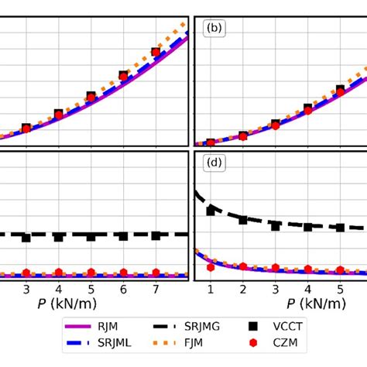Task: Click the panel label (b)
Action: pyautogui.click(x=214, y=29)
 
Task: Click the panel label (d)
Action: pyautogui.click(x=214, y=163)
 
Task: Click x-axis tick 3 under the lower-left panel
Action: pyautogui.click(x=26, y=289)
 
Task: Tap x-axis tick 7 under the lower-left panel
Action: pyautogui.click(x=156, y=289)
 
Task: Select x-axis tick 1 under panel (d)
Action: pyautogui.click(x=211, y=289)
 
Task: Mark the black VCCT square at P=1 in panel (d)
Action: pyautogui.click(x=211, y=210)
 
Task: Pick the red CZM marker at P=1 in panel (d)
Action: pyautogui.click(x=211, y=267)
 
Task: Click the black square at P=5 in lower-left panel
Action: pyautogui.click(x=91, y=236)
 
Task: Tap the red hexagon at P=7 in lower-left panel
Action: pyautogui.click(x=156, y=273)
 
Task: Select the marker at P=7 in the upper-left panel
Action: pyautogui.click(x=156, y=53)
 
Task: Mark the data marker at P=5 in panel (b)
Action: pyautogui.click(x=340, y=91)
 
